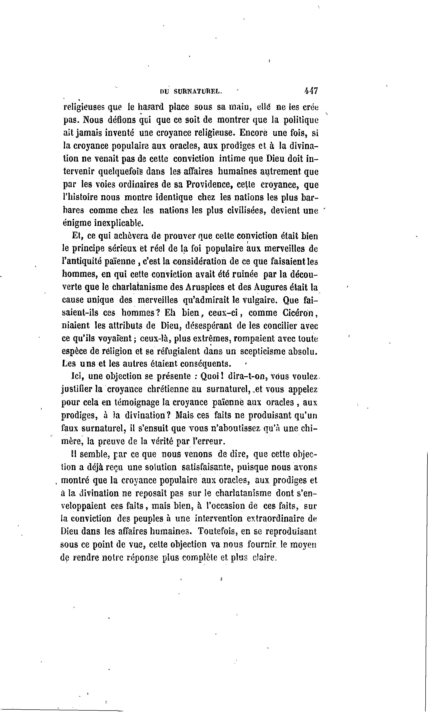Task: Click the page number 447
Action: pyautogui.click(x=311, y=91)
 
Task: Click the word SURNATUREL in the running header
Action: pyautogui.click(x=198, y=91)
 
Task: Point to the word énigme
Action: pyautogui.click(x=76, y=223)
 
